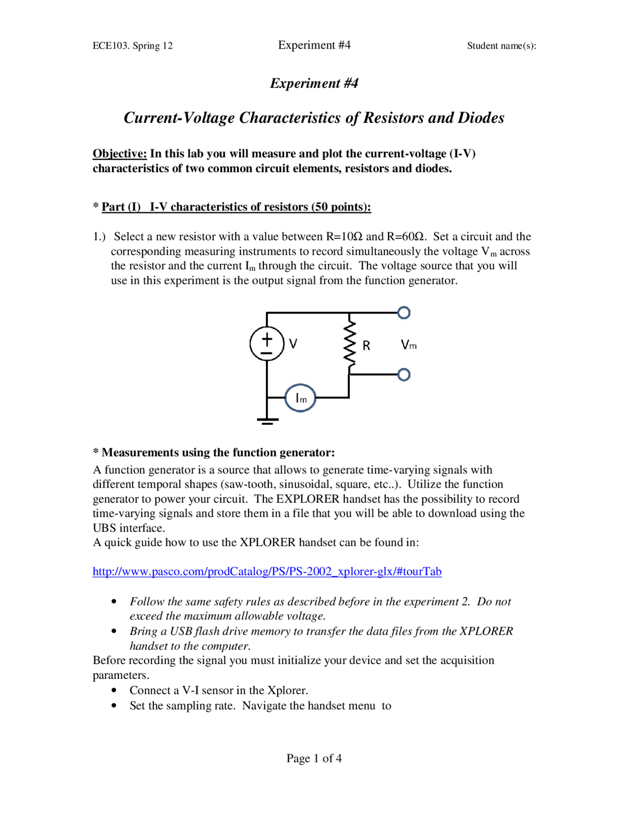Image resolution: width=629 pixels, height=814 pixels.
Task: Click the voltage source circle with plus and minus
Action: pyautogui.click(x=267, y=344)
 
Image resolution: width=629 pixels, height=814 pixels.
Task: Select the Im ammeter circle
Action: pyautogui.click(x=300, y=398)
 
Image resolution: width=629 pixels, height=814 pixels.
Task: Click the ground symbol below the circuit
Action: pyautogui.click(x=267, y=420)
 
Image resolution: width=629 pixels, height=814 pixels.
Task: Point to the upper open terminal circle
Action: pyautogui.click(x=404, y=313)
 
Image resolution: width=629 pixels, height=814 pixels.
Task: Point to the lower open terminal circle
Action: pyautogui.click(x=404, y=375)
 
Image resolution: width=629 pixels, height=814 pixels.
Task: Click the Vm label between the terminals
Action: pyautogui.click(x=408, y=345)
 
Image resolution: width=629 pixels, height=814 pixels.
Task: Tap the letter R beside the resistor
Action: pyautogui.click(x=367, y=346)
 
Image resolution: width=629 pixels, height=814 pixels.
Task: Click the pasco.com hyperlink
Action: pyautogui.click(x=267, y=572)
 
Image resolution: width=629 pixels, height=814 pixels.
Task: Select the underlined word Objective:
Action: pyautogui.click(x=119, y=154)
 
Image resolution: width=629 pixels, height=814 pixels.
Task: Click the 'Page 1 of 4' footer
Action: pyautogui.click(x=314, y=758)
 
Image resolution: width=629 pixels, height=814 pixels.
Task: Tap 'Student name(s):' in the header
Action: pyautogui.click(x=501, y=46)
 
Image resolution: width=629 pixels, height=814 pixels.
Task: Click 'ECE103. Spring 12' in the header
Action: pyautogui.click(x=133, y=46)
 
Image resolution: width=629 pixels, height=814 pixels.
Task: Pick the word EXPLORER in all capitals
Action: pyautogui.click(x=308, y=499)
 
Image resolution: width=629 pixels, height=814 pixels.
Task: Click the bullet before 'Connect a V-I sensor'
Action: pyautogui.click(x=114, y=691)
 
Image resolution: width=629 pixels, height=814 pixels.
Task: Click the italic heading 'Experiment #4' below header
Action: pyautogui.click(x=314, y=83)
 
